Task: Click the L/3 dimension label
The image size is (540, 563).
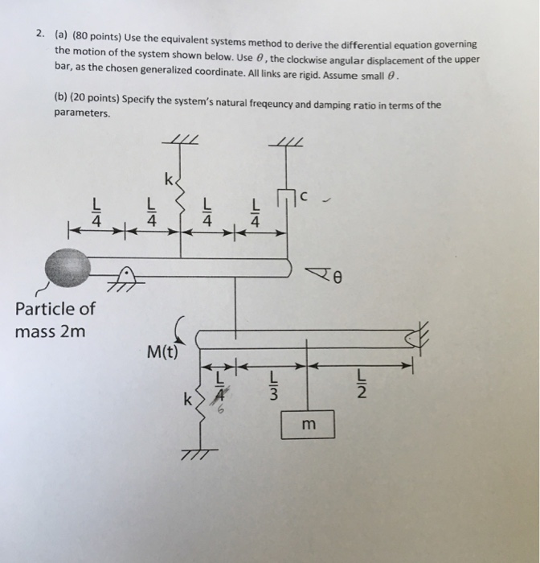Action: [x=273, y=387]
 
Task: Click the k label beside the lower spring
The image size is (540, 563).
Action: [x=187, y=397]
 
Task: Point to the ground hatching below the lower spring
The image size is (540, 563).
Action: [x=195, y=456]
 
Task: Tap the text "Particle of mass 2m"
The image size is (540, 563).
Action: [x=54, y=319]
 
